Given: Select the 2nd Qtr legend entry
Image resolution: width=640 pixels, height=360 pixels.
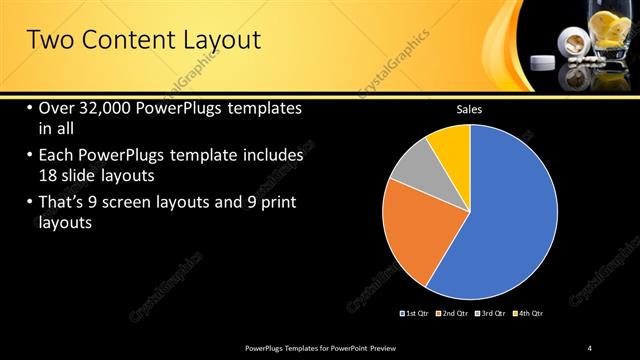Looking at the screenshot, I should [453, 313].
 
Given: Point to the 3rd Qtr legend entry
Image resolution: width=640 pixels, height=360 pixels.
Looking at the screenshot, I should [491, 313].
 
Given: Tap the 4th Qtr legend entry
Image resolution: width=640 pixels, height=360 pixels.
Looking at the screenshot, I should [529, 313].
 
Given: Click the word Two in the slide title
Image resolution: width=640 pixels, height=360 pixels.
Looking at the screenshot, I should [48, 41].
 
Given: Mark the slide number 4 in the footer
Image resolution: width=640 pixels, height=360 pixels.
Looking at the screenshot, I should [589, 347].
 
